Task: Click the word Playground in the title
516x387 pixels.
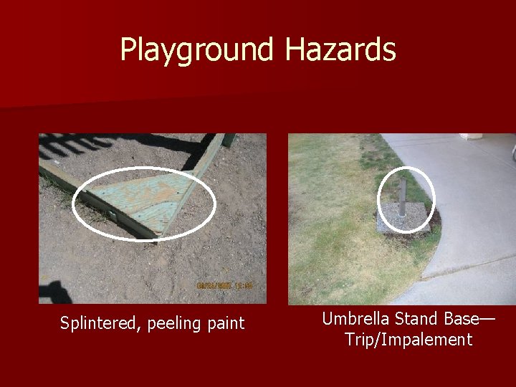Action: point(197,50)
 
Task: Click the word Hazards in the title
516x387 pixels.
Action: point(340,50)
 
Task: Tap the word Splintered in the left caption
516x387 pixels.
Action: point(100,323)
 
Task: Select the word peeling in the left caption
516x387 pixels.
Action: point(173,324)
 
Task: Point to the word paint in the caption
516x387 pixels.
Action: point(226,324)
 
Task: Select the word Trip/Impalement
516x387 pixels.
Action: point(408,340)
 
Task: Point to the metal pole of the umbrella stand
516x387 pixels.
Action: point(402,198)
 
